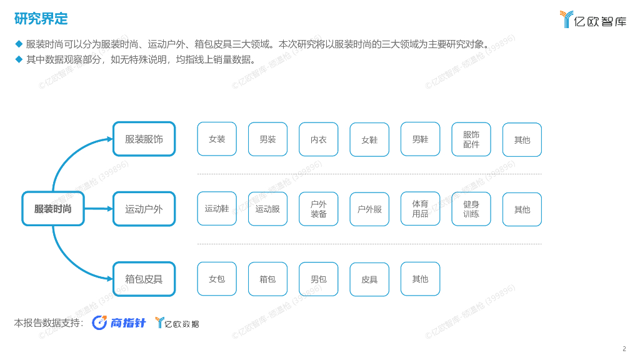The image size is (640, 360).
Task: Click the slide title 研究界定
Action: point(41,19)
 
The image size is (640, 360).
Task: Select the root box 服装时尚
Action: point(53,209)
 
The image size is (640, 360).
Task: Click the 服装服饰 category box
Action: point(144,139)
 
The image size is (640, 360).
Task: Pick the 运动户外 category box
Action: point(144,209)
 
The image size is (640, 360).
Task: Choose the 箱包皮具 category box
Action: point(144,279)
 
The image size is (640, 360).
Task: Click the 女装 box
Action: point(217,139)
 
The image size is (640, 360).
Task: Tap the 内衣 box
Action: point(319,139)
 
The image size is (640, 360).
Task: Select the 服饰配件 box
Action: point(471,139)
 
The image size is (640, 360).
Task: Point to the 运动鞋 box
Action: point(217,209)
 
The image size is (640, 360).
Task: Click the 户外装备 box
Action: point(319,209)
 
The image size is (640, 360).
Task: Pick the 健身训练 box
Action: point(471,209)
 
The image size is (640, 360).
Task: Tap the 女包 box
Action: point(217,279)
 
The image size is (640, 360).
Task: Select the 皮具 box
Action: point(369,279)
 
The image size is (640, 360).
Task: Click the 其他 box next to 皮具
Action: point(420,279)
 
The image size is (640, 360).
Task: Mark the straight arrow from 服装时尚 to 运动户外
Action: point(98,209)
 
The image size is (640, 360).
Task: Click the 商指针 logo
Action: point(119,322)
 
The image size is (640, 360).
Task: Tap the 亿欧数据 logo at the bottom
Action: point(177,323)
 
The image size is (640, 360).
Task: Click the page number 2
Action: point(624,349)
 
